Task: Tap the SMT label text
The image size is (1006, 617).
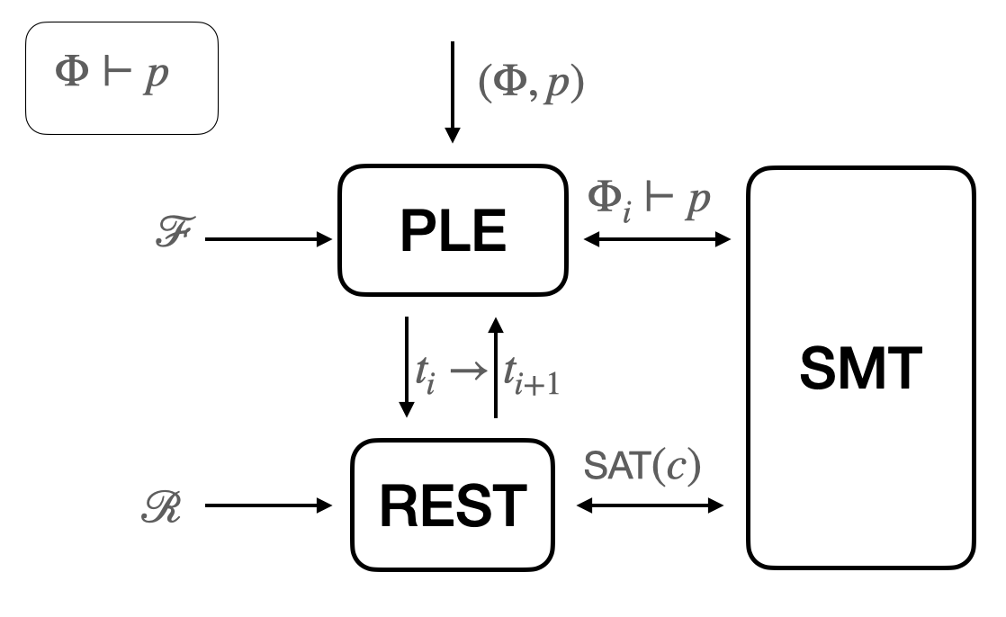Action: tap(860, 369)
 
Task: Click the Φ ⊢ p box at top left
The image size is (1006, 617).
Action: tap(121, 78)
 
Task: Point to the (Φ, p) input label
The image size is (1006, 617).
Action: tap(531, 86)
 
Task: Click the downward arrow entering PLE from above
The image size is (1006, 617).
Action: tap(453, 90)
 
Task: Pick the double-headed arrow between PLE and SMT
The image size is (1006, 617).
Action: tap(656, 239)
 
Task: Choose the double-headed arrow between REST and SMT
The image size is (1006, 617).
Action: tap(650, 506)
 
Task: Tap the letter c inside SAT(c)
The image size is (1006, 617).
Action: tap(676, 470)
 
